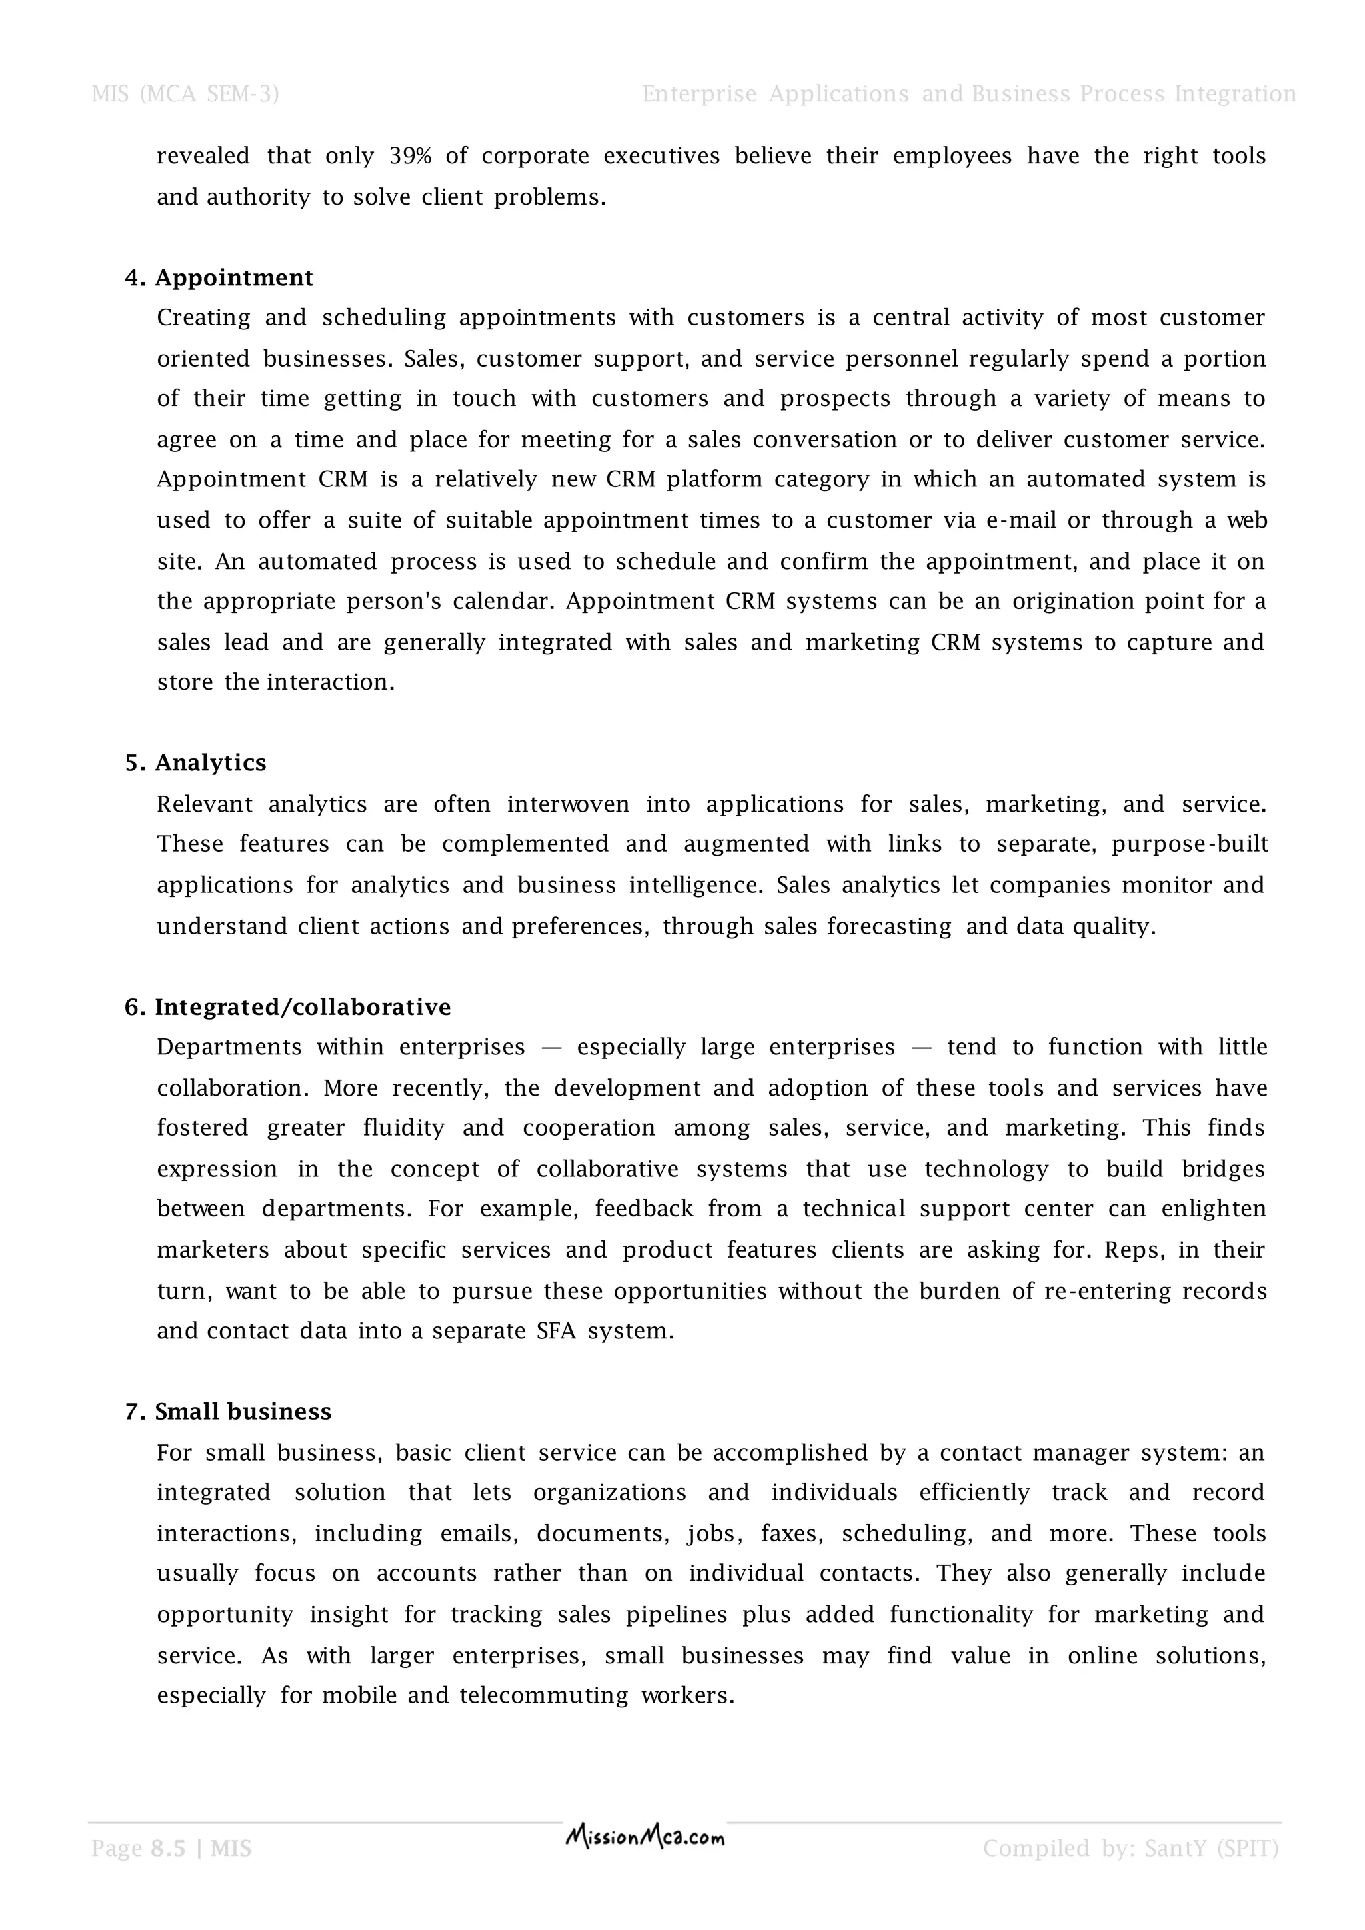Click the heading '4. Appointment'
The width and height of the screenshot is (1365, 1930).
[219, 277]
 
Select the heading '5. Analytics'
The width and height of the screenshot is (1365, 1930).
[195, 762]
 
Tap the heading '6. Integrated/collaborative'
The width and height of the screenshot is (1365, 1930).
[287, 1007]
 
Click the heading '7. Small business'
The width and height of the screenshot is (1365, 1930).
[228, 1412]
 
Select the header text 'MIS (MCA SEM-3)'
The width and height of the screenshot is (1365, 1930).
[185, 94]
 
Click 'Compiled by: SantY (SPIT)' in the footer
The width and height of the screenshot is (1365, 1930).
[1130, 1849]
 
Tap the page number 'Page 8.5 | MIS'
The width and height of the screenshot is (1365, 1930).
[171, 1849]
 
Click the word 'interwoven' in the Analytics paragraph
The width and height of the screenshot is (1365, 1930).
[567, 804]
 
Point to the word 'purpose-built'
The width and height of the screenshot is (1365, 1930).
[1188, 845]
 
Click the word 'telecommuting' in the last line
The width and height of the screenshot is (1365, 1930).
[543, 1695]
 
